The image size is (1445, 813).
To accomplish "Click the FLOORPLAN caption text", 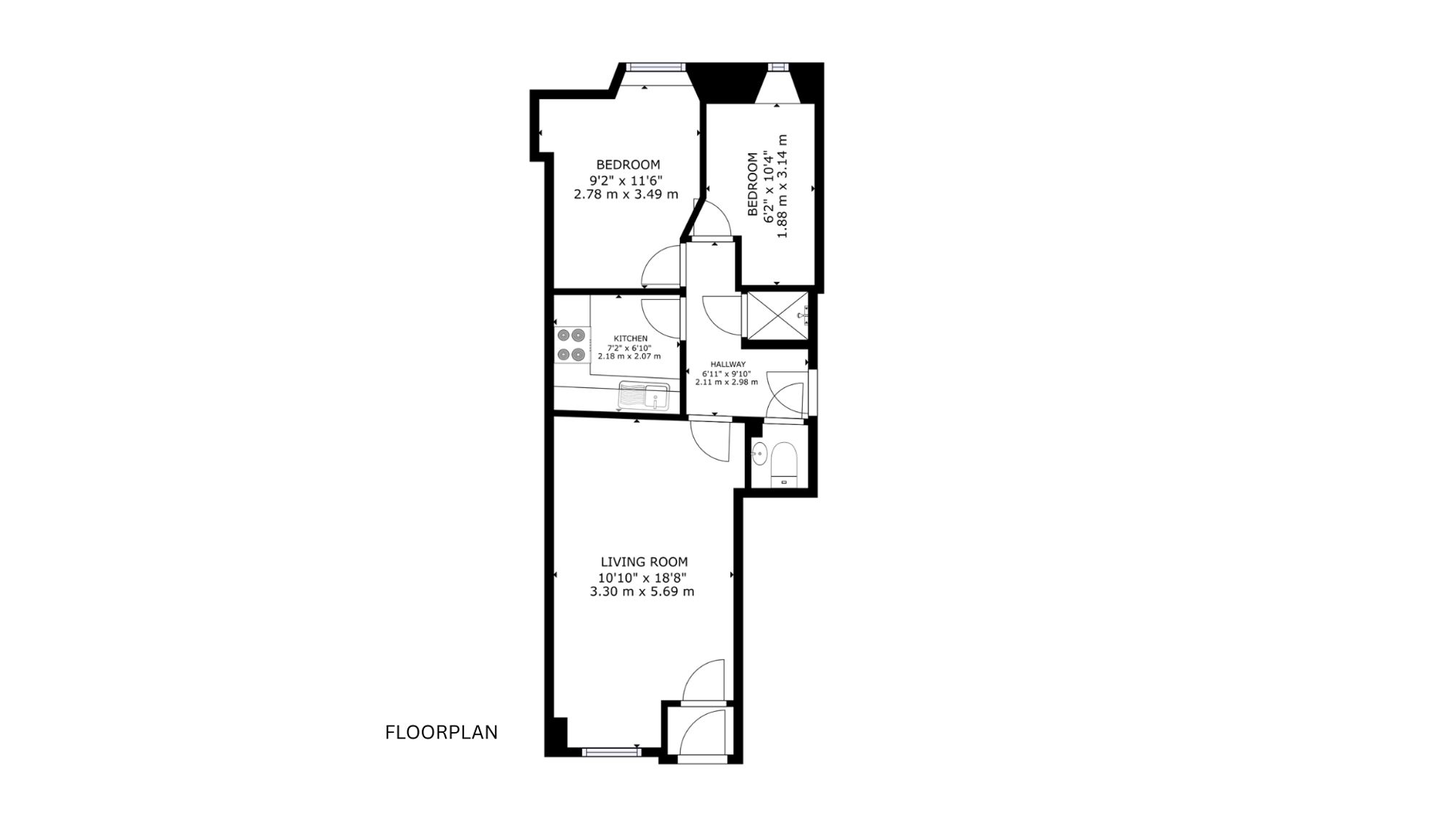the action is click(441, 733).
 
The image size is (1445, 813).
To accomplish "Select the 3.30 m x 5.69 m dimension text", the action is click(642, 592).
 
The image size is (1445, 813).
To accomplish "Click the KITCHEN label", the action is click(631, 338).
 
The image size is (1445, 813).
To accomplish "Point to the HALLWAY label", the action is click(728, 364).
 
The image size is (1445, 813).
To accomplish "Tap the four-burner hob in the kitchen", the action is click(571, 345).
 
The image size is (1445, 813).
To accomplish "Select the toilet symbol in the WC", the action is click(783, 465).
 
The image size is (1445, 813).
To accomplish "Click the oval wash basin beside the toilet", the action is click(759, 454).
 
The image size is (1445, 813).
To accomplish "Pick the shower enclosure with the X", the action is click(777, 315).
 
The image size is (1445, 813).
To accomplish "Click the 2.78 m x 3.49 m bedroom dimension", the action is click(626, 194).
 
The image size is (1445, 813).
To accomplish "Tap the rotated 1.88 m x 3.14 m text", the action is click(782, 187).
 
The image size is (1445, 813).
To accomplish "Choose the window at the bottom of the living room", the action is click(611, 752).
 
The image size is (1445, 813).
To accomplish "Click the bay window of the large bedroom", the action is click(655, 67).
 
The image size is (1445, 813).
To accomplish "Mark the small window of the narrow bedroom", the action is click(778, 66).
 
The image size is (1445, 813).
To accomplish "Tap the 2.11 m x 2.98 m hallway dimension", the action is click(727, 382).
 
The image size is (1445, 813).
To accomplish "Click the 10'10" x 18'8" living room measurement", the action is click(642, 577).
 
